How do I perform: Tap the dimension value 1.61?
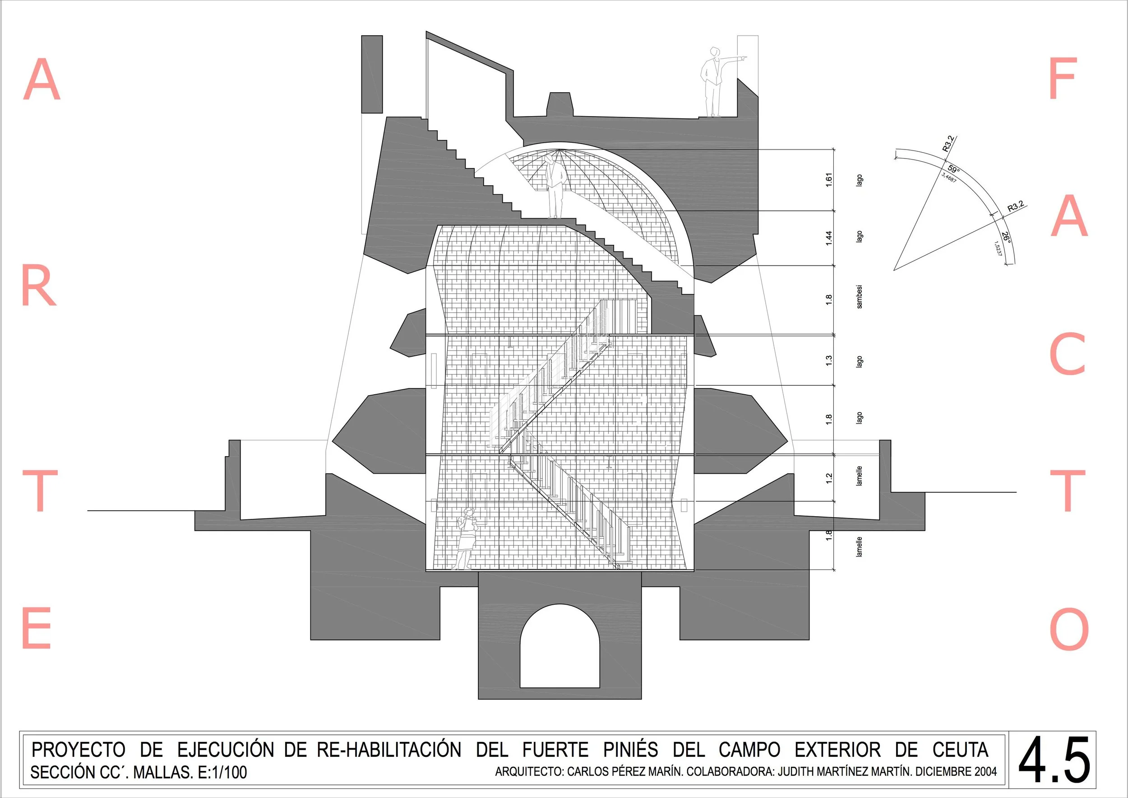pyautogui.click(x=829, y=180)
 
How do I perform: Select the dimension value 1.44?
pyautogui.click(x=829, y=238)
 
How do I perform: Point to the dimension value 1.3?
pyautogui.click(x=829, y=360)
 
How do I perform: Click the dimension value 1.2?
pyautogui.click(x=829, y=478)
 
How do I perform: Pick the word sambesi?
pyautogui.click(x=859, y=297)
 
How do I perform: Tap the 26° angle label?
pyautogui.click(x=1006, y=238)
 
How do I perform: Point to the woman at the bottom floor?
pyautogui.click(x=466, y=538)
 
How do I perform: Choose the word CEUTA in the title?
pyautogui.click(x=960, y=750)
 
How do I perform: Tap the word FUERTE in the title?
pyautogui.click(x=555, y=750)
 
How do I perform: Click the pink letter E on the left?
pyautogui.click(x=37, y=628)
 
